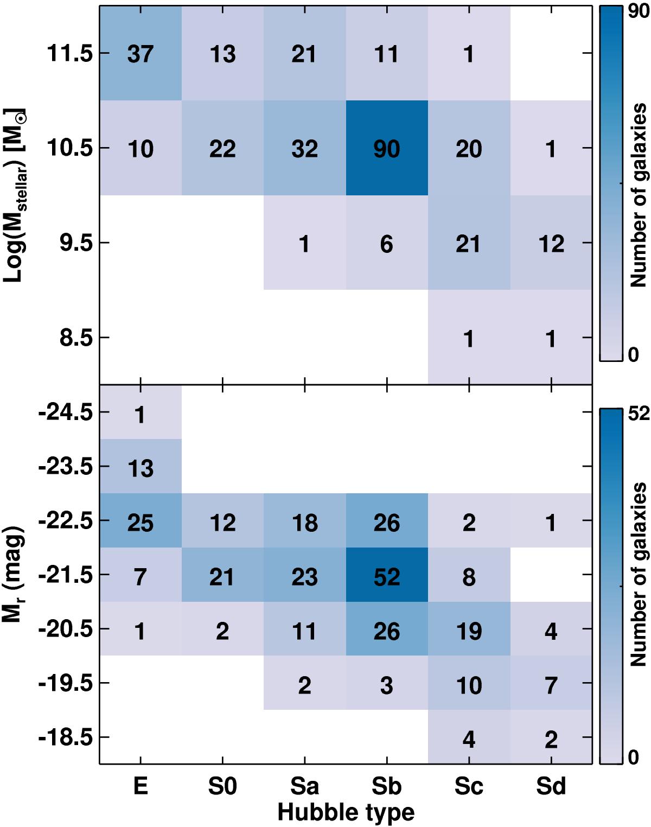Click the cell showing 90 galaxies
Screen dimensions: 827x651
(387, 148)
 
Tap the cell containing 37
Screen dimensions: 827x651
(141, 54)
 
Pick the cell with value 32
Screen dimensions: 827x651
(304, 148)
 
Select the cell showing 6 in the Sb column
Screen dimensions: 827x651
(387, 243)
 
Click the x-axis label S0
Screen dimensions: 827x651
(222, 786)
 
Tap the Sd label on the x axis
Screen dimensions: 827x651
(551, 786)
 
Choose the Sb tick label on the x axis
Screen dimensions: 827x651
(387, 786)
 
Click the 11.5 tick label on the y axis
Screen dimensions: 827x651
(70, 54)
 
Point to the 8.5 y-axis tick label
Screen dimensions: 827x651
(76, 338)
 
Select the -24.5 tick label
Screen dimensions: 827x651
(66, 412)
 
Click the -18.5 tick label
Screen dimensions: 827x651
(66, 737)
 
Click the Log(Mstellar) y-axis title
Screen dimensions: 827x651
(14, 195)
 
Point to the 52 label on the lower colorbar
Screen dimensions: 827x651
(639, 413)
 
